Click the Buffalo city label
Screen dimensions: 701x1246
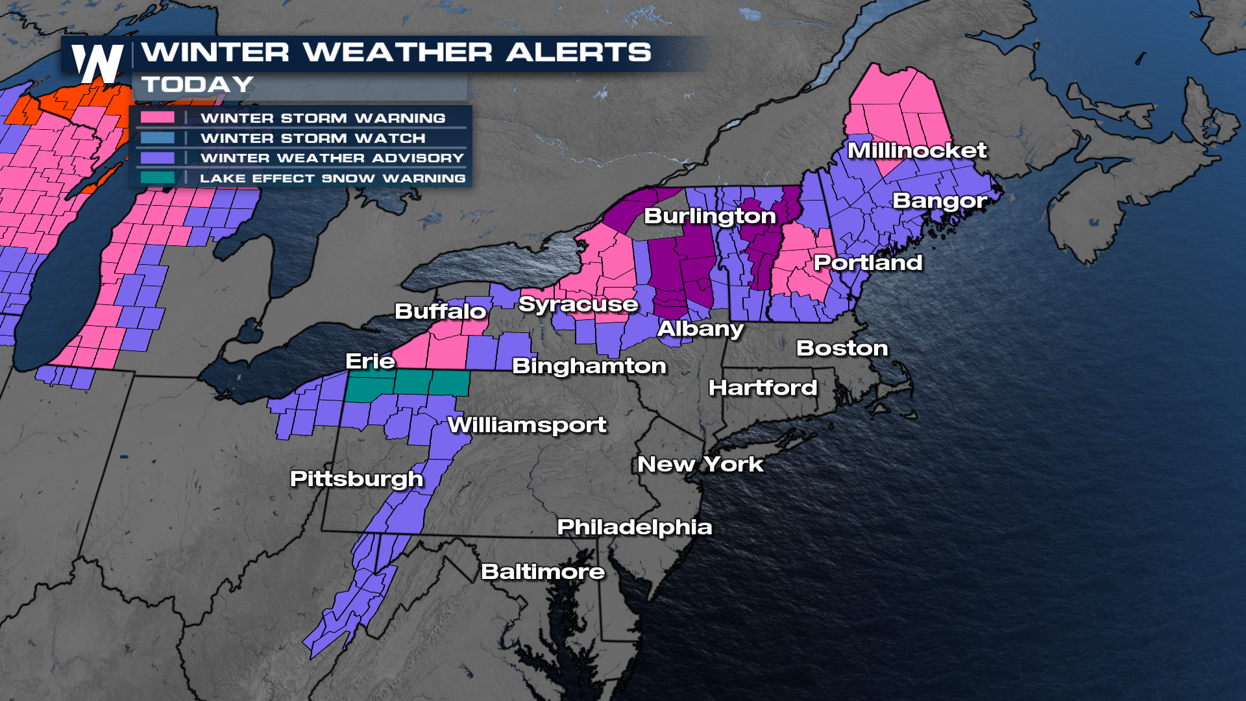coord(441,312)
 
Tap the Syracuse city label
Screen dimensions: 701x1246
coord(578,304)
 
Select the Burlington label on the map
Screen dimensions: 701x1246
coord(709,216)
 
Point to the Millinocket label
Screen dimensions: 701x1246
coord(916,151)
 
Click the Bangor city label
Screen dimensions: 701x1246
coord(939,201)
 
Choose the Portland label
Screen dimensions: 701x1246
coord(868,262)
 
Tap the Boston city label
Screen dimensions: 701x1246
coord(842,348)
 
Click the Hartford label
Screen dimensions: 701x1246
coord(763,387)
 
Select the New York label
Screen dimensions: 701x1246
coord(700,464)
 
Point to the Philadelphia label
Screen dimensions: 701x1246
coord(634,526)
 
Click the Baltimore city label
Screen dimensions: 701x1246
coord(543,571)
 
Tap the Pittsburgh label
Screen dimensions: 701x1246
coord(356,478)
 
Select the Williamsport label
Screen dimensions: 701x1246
coord(527,425)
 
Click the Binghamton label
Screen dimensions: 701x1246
coord(589,366)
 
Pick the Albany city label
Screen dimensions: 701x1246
coord(700,328)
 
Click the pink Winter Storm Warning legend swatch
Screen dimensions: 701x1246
coord(158,117)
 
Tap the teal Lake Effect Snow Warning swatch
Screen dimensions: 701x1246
coord(158,177)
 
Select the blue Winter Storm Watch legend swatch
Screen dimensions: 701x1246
coord(158,138)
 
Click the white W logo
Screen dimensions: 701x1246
coord(97,64)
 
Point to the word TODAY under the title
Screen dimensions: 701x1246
coord(198,84)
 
